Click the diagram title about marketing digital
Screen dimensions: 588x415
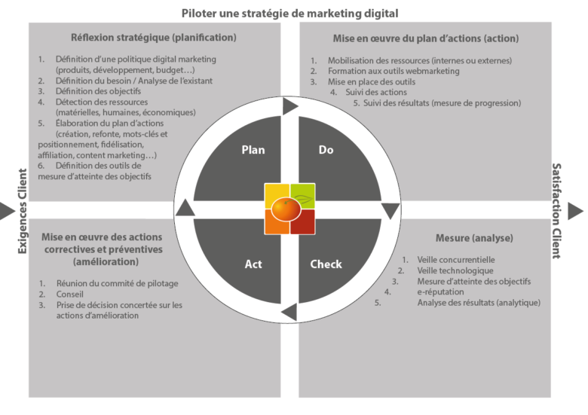(x=289, y=14)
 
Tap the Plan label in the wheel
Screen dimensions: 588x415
(x=253, y=150)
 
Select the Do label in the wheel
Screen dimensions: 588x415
(x=326, y=150)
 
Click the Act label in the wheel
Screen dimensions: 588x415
(x=253, y=264)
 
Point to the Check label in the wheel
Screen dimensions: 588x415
(x=326, y=264)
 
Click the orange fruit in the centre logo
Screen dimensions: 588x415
(x=286, y=209)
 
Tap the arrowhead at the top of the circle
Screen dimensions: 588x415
(x=290, y=106)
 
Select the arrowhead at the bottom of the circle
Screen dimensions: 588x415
(x=289, y=312)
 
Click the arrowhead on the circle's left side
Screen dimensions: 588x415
(x=185, y=208)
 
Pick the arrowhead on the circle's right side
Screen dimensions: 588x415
(x=390, y=211)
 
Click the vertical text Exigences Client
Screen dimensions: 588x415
(x=23, y=211)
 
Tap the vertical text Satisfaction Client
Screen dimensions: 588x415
(x=556, y=211)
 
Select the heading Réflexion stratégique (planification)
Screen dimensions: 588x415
(x=154, y=38)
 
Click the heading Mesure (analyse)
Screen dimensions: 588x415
(x=474, y=238)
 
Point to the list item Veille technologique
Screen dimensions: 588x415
(x=455, y=270)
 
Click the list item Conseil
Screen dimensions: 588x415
(x=70, y=294)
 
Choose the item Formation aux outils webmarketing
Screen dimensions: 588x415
(x=394, y=71)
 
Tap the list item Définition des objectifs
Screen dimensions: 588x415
(x=98, y=91)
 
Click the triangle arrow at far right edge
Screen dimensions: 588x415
(x=576, y=211)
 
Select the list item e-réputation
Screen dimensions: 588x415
(x=441, y=291)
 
